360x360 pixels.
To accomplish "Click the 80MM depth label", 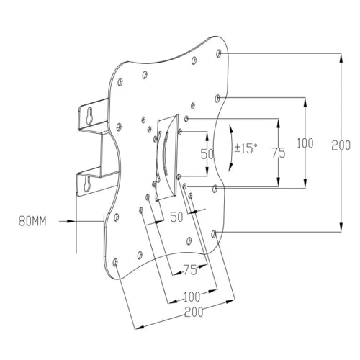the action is [x=32, y=221].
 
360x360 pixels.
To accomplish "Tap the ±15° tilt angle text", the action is [x=246, y=148].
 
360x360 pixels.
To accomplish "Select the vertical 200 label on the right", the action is [x=341, y=145].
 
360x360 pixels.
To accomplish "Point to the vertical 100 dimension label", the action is [x=305, y=143].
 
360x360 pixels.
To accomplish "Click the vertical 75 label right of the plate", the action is [x=279, y=153].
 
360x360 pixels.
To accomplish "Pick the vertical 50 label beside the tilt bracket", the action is [x=207, y=154].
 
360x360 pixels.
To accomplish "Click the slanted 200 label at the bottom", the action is [x=194, y=312].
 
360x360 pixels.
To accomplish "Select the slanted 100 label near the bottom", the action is [x=192, y=297].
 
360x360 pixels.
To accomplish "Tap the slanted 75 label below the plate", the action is [x=190, y=270].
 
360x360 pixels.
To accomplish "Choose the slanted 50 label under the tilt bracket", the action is [x=176, y=217].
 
